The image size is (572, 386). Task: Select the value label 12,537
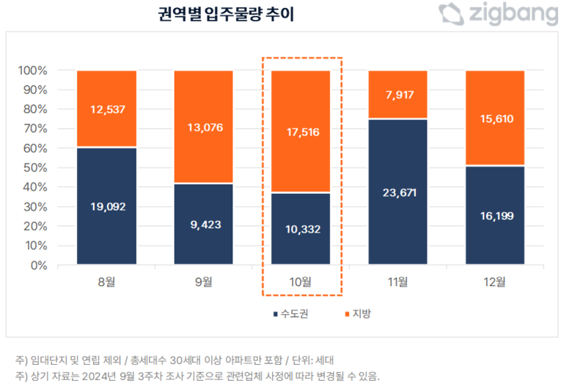(x=107, y=109)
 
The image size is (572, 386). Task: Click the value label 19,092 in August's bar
(x=107, y=207)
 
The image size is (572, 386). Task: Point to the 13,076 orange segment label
(x=204, y=128)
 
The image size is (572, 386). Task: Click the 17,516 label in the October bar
(x=301, y=132)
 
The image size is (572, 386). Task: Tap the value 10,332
(x=301, y=229)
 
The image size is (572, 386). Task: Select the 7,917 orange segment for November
(x=399, y=94)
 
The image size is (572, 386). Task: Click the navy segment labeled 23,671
(x=399, y=192)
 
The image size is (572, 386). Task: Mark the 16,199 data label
(x=496, y=217)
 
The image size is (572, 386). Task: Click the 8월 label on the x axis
(x=107, y=281)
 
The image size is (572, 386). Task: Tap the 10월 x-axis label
(x=301, y=281)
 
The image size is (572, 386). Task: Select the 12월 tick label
(x=496, y=281)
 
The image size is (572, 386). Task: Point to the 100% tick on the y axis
(x=32, y=71)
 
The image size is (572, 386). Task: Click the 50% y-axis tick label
(x=34, y=168)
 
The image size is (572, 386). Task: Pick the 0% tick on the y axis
(x=38, y=266)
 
